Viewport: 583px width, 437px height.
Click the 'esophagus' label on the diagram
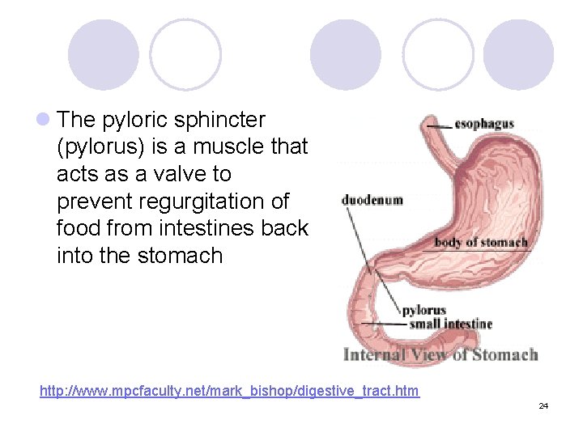coord(484,124)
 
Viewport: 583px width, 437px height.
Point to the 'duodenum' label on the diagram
coord(372,200)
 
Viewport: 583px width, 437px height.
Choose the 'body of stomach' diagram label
coord(481,242)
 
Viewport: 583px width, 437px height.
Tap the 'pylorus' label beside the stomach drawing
coord(424,310)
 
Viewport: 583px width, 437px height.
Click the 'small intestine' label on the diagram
coord(450,324)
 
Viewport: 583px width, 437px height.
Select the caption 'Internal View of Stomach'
coord(440,354)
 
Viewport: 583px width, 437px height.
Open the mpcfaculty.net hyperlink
coord(230,392)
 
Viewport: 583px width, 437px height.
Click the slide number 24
coord(543,405)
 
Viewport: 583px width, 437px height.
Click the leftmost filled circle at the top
coord(104,55)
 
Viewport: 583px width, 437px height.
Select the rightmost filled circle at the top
coord(518,55)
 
